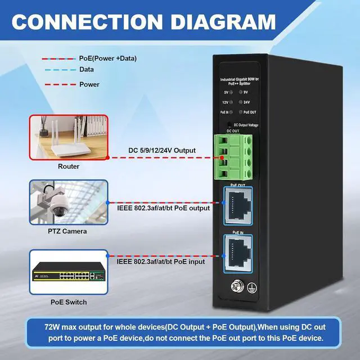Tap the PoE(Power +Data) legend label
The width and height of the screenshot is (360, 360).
[107, 58]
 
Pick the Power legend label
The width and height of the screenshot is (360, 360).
[89, 84]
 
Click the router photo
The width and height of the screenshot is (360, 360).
[68, 137]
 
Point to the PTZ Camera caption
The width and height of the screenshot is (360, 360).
[68, 231]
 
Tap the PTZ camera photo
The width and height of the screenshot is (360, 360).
[68, 203]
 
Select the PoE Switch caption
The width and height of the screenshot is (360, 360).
[68, 302]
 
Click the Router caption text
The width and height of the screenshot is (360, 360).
[68, 166]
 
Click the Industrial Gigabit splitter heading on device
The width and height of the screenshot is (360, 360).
[247, 82]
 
